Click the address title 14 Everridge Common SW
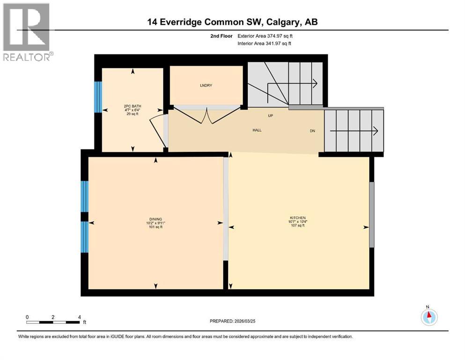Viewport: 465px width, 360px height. coord(232,22)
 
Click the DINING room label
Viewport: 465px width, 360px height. coord(155,219)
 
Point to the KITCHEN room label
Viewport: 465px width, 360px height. coord(297,218)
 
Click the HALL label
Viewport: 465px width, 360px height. coord(257,130)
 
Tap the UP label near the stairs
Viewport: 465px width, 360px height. coord(270,115)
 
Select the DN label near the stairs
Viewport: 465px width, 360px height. coord(312,131)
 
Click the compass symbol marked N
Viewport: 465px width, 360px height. coord(429,316)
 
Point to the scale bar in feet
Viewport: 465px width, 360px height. coord(53,322)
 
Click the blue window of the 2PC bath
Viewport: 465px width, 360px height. coord(98,97)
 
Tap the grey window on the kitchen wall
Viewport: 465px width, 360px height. coord(372,215)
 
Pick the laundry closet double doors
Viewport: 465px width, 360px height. coord(207,116)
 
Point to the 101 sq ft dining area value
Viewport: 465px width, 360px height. coord(155,227)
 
